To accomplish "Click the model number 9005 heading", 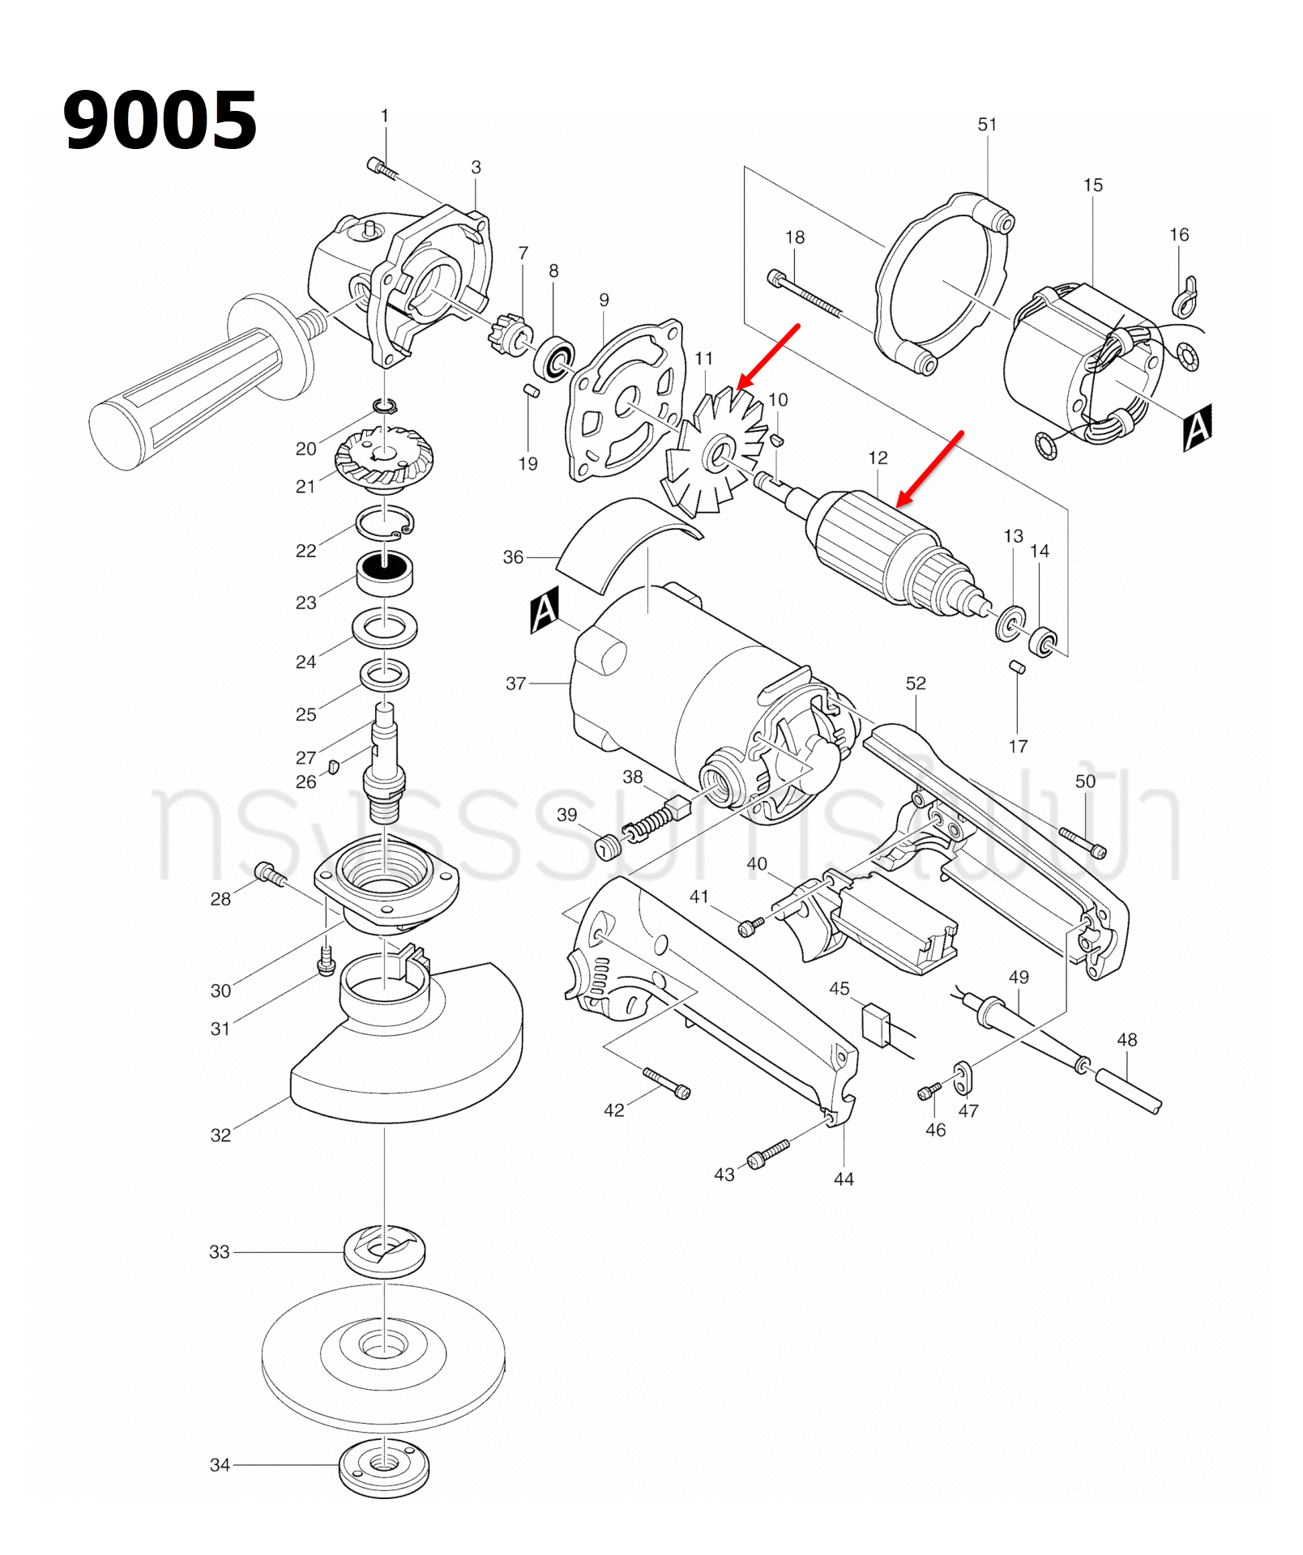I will (x=160, y=121).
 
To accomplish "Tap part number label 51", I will (x=986, y=125).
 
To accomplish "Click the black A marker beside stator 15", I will (x=1197, y=427).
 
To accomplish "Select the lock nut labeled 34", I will (x=383, y=1467).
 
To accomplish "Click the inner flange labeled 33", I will (x=384, y=1251).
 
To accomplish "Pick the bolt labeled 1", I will (x=382, y=168).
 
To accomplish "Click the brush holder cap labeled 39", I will (x=608, y=847).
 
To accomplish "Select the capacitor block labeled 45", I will (x=876, y=1025).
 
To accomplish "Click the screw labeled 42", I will (x=666, y=1083).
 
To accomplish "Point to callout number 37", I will (x=515, y=684).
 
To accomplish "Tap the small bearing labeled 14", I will (x=1043, y=642).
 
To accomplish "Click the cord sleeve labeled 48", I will (x=1128, y=1091).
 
